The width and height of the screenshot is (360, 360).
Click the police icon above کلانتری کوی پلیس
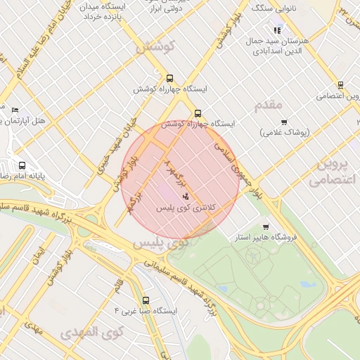186,195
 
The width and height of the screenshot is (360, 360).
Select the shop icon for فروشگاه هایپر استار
265,226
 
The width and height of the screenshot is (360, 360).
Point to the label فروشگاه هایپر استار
267,238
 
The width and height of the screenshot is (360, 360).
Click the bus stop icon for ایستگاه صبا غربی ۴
146,300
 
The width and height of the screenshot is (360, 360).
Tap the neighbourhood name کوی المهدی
92,330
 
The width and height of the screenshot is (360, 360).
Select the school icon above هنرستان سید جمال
278,30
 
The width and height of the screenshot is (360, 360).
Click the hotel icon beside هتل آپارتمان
15,110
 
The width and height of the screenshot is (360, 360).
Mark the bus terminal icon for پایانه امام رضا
22,166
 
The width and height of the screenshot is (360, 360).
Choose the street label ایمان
39,255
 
